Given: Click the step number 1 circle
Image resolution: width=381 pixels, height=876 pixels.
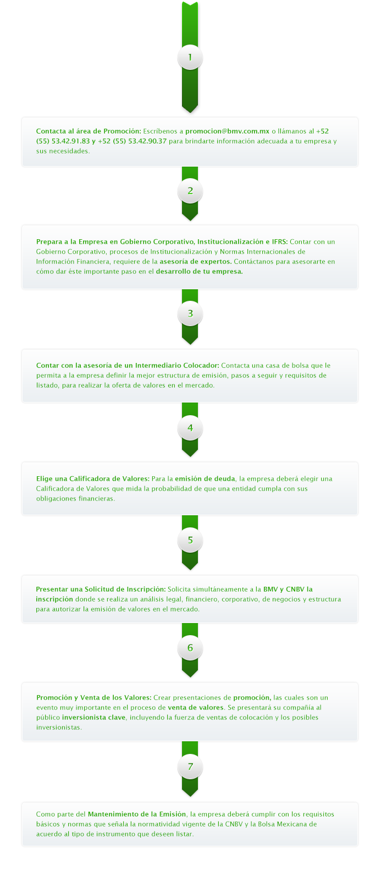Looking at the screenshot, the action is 190,58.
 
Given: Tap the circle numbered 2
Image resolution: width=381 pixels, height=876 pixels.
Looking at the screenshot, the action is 190,191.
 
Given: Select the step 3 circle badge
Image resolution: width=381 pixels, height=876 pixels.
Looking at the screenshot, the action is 190,313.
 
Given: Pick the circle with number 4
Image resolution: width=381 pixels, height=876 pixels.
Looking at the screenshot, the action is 190,428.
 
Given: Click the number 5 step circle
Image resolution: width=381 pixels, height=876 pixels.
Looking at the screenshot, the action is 190,540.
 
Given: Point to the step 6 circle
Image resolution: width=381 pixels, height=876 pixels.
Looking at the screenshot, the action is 190,648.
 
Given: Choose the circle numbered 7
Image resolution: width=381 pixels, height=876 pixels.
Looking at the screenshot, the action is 190,767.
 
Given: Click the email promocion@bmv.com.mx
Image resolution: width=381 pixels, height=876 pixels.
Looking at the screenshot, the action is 227,131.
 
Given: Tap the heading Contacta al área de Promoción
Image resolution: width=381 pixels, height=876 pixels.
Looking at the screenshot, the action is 89,131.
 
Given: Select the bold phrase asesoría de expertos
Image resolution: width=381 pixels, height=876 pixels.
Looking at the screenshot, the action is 196,262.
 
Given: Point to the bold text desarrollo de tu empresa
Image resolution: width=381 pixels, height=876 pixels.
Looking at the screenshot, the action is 200,272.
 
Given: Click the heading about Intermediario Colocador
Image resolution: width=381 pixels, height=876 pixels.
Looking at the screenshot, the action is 128,366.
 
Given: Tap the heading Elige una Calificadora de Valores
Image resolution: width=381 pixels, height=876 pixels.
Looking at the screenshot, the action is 93,478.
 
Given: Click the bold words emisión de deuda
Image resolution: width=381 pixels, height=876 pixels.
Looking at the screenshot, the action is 206,478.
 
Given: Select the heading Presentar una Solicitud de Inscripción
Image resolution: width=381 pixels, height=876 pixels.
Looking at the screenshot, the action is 101,589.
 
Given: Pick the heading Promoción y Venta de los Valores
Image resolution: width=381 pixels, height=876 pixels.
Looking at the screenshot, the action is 94,698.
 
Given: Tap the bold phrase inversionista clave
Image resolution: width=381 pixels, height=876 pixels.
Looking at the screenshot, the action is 94,718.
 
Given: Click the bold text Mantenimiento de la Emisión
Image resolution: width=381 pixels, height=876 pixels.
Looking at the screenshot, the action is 137,814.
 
